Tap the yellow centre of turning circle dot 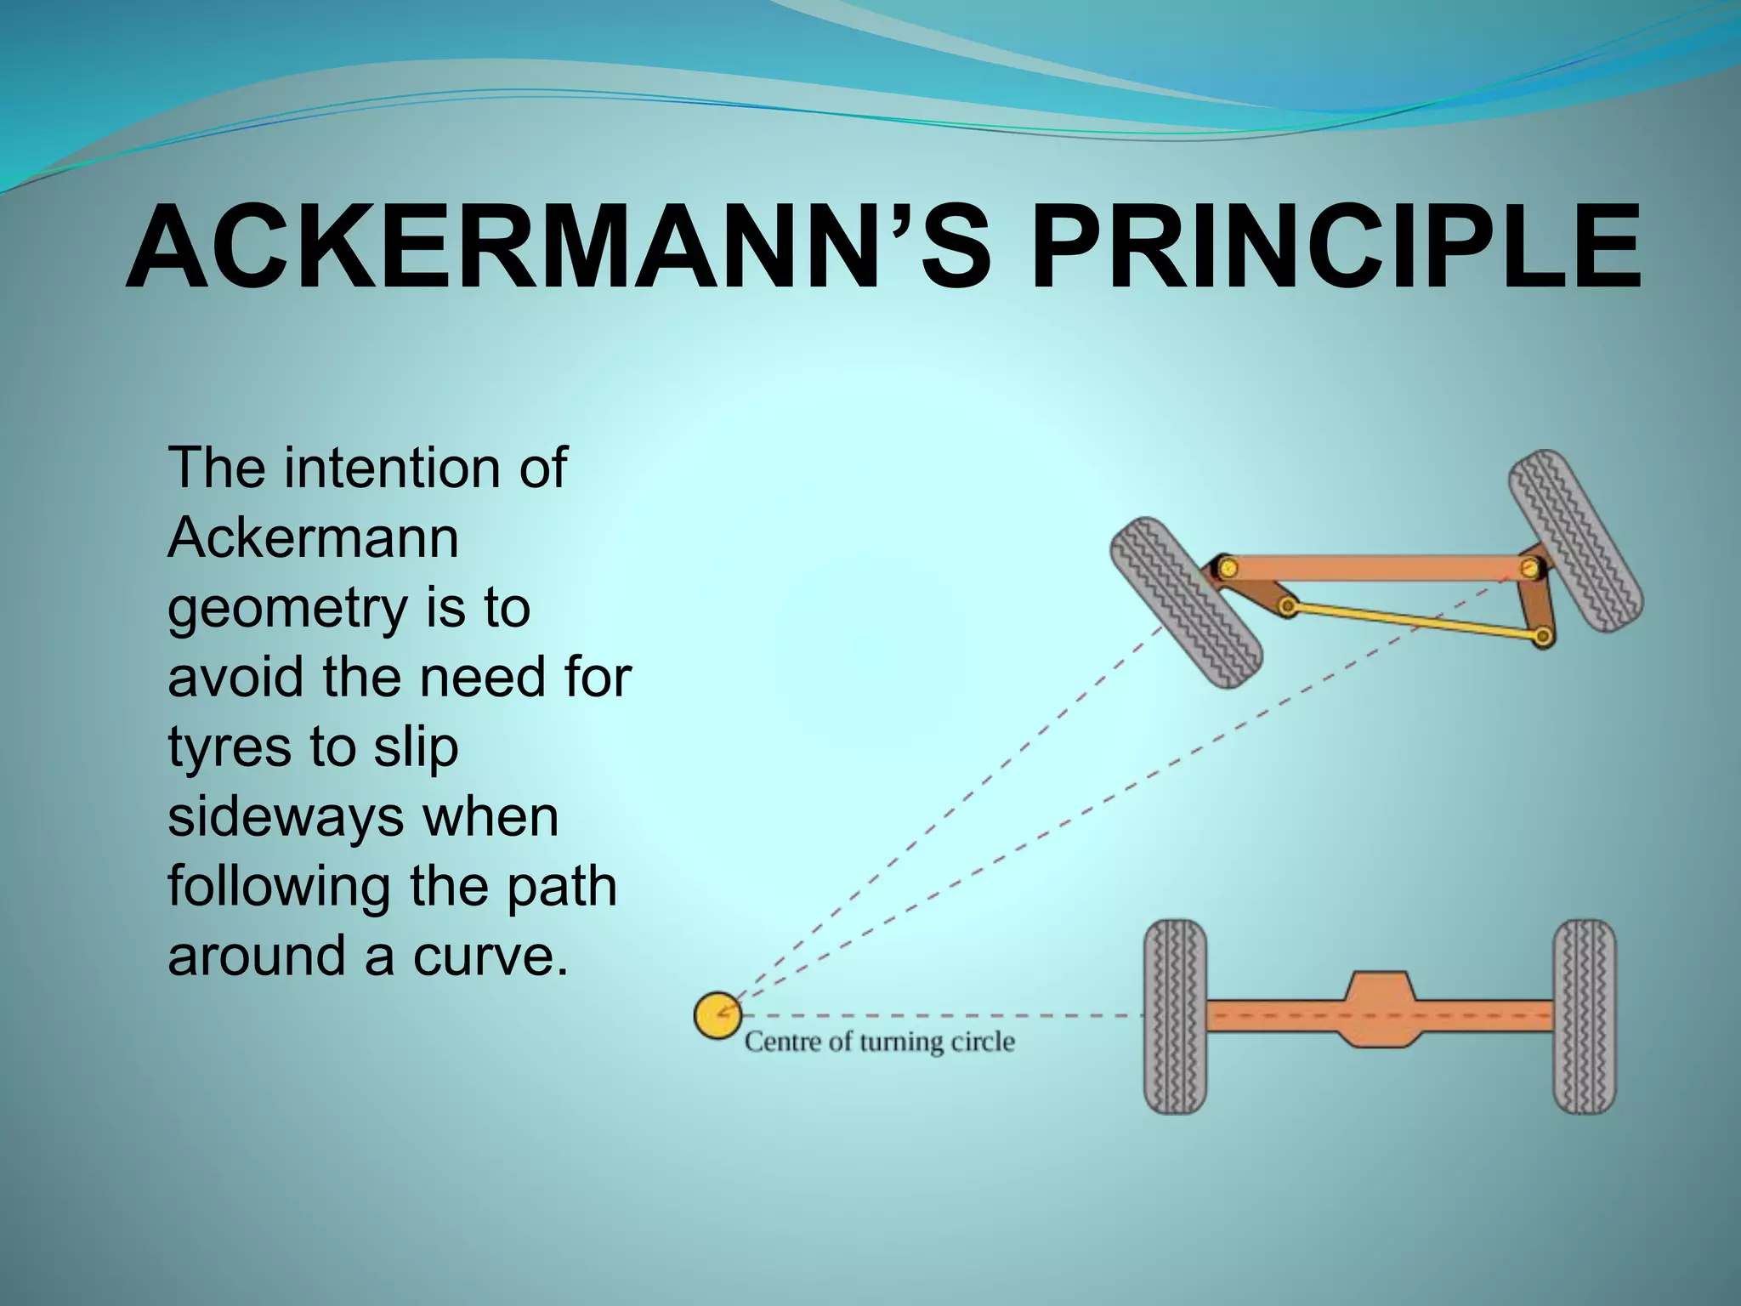(x=717, y=1015)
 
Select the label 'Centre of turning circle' (x=880, y=1042)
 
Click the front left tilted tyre (x=1187, y=602)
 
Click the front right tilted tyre (x=1575, y=541)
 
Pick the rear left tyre (x=1175, y=1016)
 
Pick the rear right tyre (x=1584, y=1016)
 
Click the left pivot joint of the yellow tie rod (x=1288, y=606)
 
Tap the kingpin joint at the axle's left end (x=1226, y=566)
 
